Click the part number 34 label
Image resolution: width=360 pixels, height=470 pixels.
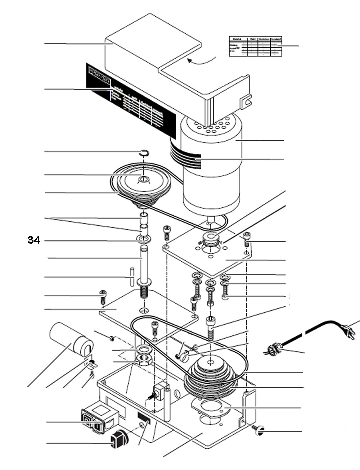coord(34,240)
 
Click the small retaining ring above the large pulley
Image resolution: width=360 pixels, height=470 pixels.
coord(144,153)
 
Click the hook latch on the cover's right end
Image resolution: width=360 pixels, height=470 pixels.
coord(246,101)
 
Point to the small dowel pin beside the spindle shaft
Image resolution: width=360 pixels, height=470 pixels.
coord(132,276)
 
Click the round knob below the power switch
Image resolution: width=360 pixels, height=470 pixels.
coord(119,439)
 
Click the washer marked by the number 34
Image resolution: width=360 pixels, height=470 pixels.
coord(143,239)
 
